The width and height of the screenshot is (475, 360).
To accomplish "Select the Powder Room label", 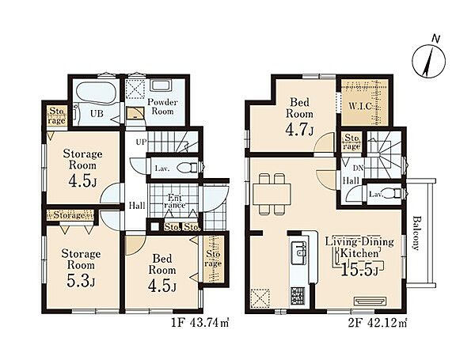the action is click(162, 106).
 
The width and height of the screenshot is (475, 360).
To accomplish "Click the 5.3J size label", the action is click(81, 282).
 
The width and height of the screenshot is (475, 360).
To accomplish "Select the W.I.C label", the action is click(360, 107).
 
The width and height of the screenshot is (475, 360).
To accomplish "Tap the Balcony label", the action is click(416, 233).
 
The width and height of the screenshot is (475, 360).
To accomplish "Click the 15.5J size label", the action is click(359, 270).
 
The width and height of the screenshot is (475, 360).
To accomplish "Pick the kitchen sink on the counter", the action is click(298, 249).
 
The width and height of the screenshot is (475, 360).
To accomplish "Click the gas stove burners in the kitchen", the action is click(298, 295).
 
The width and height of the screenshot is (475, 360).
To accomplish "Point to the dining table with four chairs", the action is click(272, 194).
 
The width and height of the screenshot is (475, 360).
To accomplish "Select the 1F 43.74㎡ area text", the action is click(200, 324).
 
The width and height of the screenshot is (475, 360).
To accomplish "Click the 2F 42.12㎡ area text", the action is click(378, 324).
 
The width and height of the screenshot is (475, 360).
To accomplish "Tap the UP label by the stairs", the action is click(141, 142).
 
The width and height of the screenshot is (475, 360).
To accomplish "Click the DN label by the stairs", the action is click(358, 168).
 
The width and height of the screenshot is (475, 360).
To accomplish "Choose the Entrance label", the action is click(175, 201).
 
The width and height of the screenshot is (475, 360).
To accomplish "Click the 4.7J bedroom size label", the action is click(299, 129).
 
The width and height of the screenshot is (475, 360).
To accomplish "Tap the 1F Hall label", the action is click(137, 206).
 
